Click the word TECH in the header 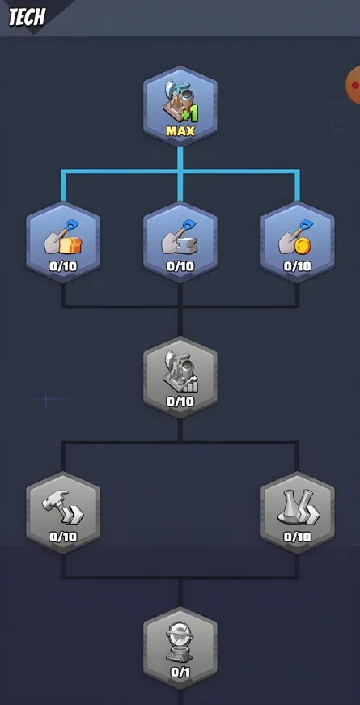coord(28,17)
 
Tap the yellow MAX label coord(180,130)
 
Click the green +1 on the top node coord(190,113)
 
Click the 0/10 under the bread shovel coord(63,265)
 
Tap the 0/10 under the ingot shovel coord(180,265)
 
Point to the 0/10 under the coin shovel coord(297,265)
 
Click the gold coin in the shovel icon coord(303,244)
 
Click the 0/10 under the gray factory coord(180,401)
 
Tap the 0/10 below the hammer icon coord(63,536)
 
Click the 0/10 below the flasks coord(297,536)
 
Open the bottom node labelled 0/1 coord(180,647)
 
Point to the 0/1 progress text coord(180,671)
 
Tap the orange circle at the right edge coord(354,84)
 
